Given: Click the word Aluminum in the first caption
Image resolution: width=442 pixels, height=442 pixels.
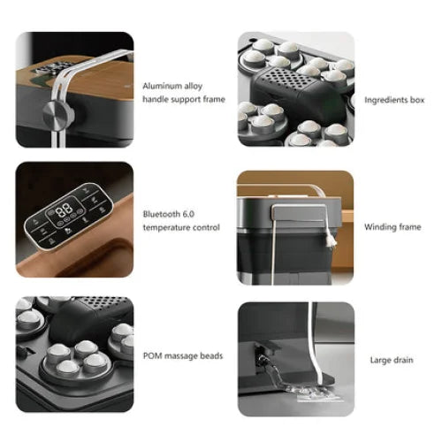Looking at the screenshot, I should coord(162,86).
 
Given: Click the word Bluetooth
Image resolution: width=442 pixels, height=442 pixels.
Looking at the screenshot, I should coord(161,214).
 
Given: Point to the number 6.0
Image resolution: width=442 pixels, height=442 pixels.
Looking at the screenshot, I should coord(187,214).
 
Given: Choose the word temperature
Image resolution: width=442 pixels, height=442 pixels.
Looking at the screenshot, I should coord(167,227).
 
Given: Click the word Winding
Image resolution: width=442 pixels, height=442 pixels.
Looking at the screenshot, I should coord(378,226).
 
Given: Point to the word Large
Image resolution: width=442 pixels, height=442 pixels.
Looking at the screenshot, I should coord(379,359).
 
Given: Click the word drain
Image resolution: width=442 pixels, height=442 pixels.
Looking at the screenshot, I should coord(403,359).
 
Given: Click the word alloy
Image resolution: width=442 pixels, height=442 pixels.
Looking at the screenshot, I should coord(194,86).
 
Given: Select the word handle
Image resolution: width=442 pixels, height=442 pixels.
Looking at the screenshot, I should coord(156,99).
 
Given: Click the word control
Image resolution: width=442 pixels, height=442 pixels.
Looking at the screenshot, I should coord(205,227).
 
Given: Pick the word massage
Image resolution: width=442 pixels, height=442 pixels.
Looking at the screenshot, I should coord(180,355).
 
